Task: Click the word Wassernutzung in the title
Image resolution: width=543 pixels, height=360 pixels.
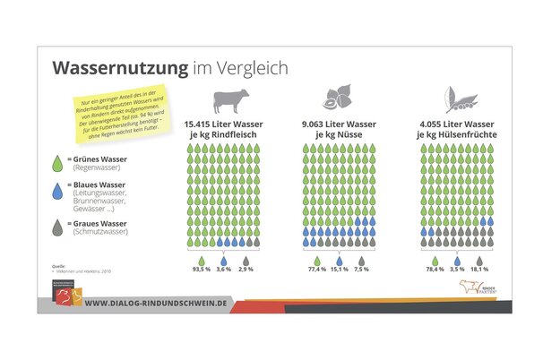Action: [x=118, y=68]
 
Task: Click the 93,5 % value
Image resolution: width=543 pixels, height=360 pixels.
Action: [x=202, y=269]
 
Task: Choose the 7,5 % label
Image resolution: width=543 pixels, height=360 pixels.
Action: [x=362, y=269]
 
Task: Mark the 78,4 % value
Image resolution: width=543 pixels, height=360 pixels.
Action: [x=435, y=269]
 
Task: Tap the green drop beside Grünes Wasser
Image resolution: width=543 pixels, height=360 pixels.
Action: [x=59, y=162]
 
